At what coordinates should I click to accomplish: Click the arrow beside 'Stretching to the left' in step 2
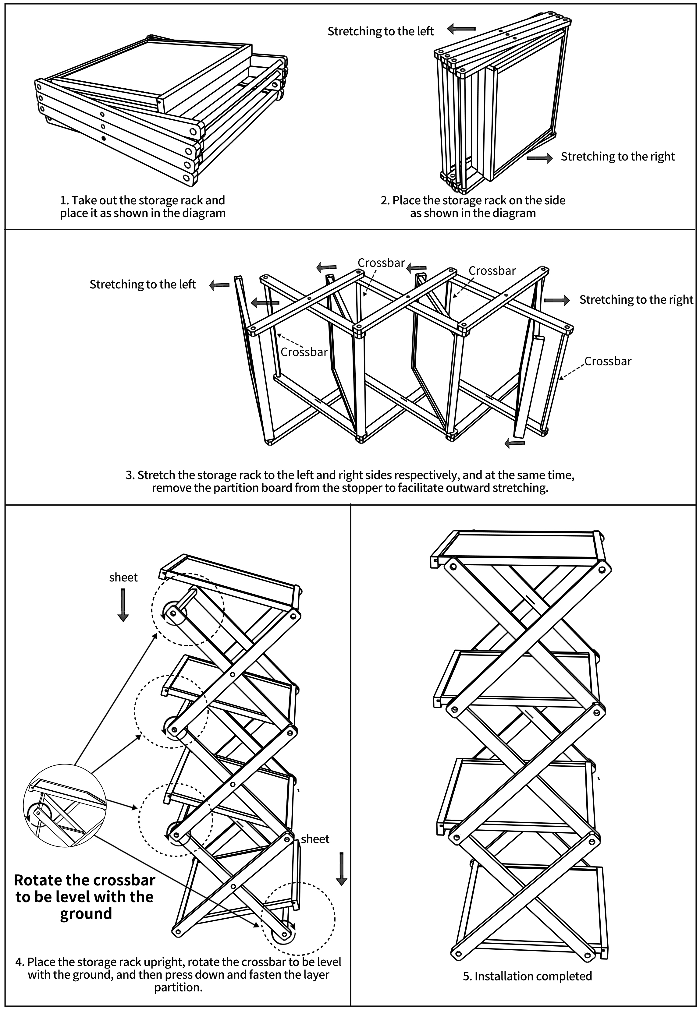pyautogui.click(x=461, y=29)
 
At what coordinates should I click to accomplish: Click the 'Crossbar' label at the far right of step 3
pyautogui.click(x=608, y=361)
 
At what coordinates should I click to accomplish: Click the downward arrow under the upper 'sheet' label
pyautogui.click(x=123, y=605)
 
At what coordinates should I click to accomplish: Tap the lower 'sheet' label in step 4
pyautogui.click(x=315, y=839)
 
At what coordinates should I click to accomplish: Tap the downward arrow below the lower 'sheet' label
pyautogui.click(x=341, y=869)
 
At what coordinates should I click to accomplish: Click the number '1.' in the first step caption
pyautogui.click(x=65, y=200)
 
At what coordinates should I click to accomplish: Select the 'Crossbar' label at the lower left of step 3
pyautogui.click(x=304, y=352)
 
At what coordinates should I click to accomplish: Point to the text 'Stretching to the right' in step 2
pyautogui.click(x=617, y=157)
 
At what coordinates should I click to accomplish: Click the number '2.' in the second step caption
pyautogui.click(x=385, y=200)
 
